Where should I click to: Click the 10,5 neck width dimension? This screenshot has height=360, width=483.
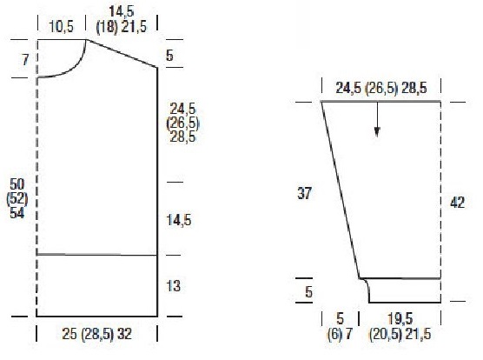62,26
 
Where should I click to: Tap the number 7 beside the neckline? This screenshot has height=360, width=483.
25,59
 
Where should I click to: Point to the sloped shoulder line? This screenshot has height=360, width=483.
122,53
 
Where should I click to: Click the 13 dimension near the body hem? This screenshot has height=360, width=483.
173,286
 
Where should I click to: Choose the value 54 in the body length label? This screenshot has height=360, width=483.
17,213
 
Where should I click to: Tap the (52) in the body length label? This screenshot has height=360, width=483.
17,199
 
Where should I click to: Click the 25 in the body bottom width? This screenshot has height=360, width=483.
69,334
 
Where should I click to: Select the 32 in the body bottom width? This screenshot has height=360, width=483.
124,334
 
